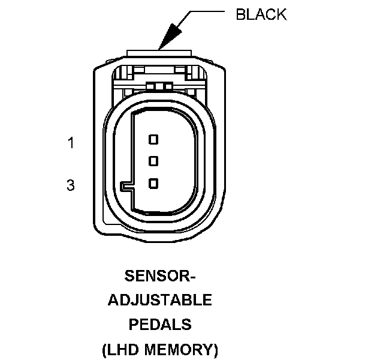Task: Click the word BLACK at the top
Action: (261, 15)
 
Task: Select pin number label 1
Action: (71, 143)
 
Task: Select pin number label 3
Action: (71, 186)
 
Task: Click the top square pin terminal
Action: (153, 139)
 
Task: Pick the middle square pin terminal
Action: (153, 161)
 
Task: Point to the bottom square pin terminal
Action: (153, 183)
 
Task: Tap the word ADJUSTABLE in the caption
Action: (160, 300)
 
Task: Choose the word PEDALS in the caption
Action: (160, 325)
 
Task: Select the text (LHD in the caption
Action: (120, 349)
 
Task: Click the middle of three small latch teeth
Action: (159, 86)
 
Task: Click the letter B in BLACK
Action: (241, 15)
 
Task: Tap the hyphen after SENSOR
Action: (191, 278)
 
